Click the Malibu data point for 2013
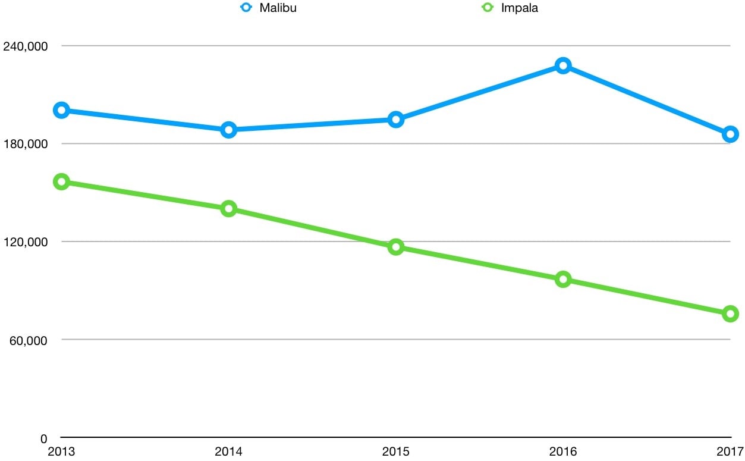(x=61, y=110)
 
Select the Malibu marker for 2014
(x=229, y=130)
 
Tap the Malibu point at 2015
(x=396, y=120)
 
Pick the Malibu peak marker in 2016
(x=563, y=65)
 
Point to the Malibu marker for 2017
(x=730, y=134)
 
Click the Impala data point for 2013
(x=61, y=182)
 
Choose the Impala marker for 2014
(x=229, y=208)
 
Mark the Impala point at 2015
(x=396, y=247)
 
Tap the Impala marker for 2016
(x=563, y=280)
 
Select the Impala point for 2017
(x=730, y=313)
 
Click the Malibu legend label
(x=278, y=8)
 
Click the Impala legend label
(x=519, y=8)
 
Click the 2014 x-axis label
(x=229, y=451)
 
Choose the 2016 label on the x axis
(x=563, y=451)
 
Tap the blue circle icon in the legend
(x=246, y=8)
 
